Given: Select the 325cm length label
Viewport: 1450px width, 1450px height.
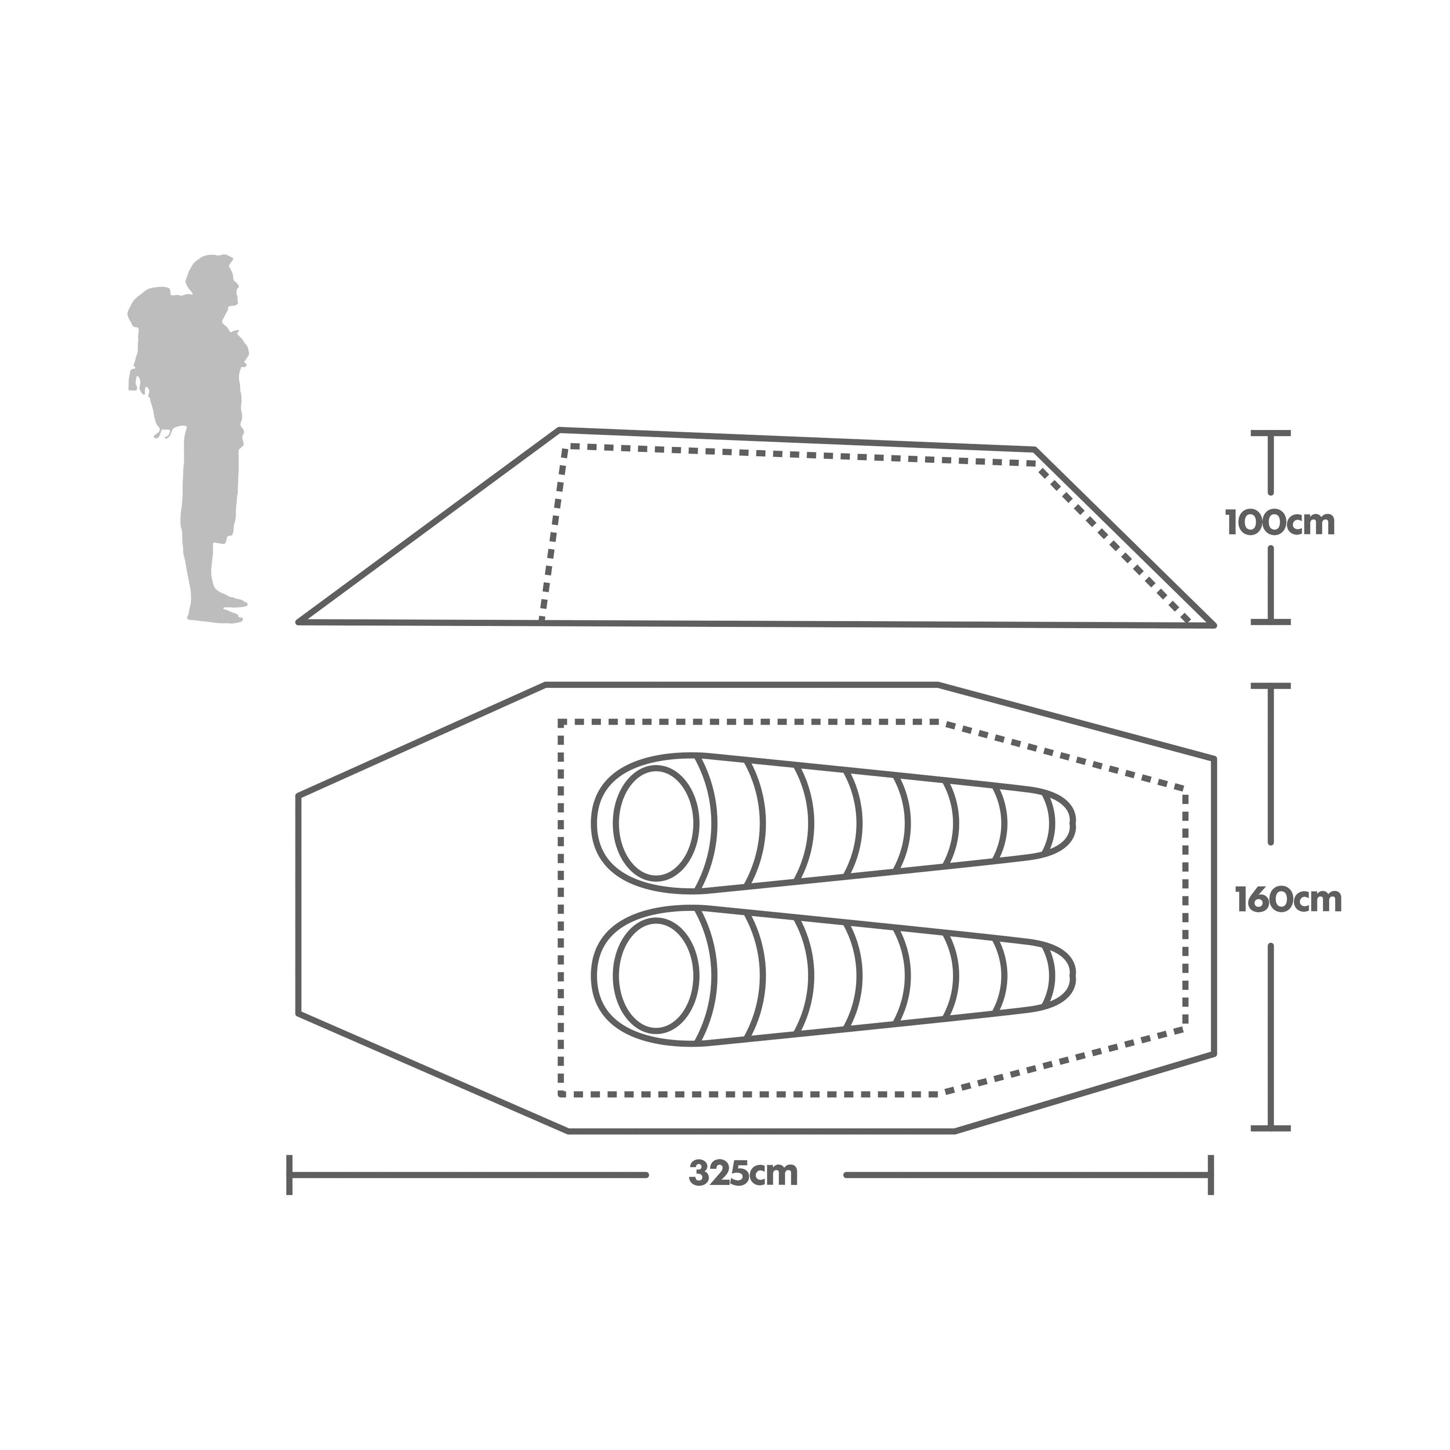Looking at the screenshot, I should (743, 1174).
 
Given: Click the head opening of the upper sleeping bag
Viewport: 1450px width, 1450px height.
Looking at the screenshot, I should (656, 823).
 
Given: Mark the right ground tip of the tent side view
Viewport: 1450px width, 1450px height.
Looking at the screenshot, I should (1213, 625).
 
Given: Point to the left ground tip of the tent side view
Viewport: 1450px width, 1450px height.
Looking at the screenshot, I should (299, 621).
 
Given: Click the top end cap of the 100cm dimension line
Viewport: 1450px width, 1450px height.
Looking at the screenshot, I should (1270, 433).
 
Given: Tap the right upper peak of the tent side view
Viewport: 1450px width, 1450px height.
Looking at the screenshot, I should (1034, 449).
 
